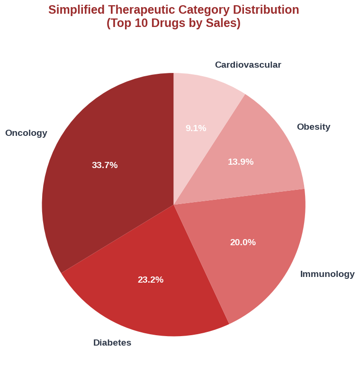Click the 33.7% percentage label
[x=105, y=165]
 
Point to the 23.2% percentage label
[x=151, y=280]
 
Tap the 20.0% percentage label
[x=243, y=242]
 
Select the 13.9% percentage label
[x=241, y=162]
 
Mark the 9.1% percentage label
[x=196, y=128]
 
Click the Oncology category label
[x=26, y=133]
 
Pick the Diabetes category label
[x=112, y=343]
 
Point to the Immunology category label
[x=327, y=274]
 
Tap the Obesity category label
[x=314, y=127]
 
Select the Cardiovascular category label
[x=248, y=65]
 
